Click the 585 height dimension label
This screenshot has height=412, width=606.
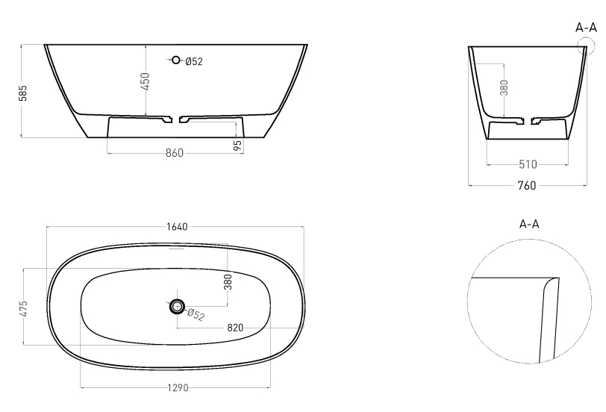click(x=23, y=93)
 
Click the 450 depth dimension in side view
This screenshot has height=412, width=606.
click(x=146, y=81)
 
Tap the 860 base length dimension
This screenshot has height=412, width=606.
click(x=175, y=153)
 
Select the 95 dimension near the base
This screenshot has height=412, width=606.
click(x=238, y=145)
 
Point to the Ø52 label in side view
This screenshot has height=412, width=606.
click(x=194, y=61)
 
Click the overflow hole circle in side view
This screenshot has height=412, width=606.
click(x=176, y=60)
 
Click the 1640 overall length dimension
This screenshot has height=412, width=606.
click(x=177, y=226)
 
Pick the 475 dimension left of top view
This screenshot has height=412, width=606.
click(x=24, y=309)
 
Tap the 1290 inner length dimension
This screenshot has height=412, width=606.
click(x=178, y=387)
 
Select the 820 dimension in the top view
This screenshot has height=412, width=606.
click(x=235, y=328)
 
